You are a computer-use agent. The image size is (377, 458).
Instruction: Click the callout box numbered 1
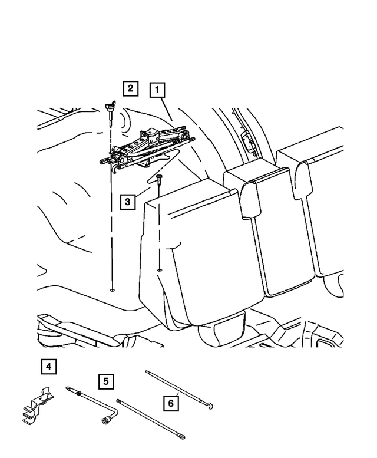tap(157, 90)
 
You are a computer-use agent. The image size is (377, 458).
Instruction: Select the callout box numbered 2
tap(130, 89)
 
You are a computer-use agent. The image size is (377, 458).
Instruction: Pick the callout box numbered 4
tap(49, 367)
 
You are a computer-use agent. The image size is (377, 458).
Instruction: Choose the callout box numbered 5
tap(105, 381)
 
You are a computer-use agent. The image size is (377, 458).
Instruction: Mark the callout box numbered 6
tap(171, 404)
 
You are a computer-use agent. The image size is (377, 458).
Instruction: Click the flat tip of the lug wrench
tap(68, 388)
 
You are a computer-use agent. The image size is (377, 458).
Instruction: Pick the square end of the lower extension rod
tap(184, 437)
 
